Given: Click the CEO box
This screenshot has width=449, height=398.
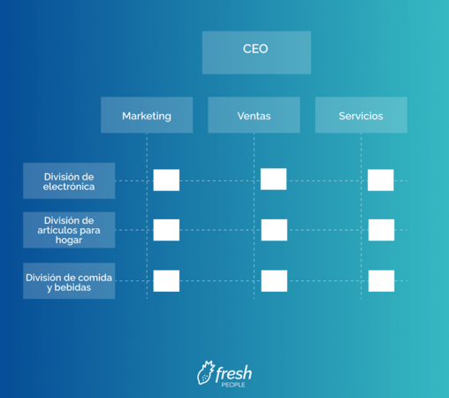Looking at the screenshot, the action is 256,52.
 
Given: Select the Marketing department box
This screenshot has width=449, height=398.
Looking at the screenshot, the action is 147,115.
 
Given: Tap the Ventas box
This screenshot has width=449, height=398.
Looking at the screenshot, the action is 254,115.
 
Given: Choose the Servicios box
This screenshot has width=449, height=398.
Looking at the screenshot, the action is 361,115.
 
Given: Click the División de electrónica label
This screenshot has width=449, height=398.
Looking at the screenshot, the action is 69,180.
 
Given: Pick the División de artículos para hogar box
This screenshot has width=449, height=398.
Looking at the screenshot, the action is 69,230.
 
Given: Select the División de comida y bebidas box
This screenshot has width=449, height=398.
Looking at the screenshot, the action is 69,281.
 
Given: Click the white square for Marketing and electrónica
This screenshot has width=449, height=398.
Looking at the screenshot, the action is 166,180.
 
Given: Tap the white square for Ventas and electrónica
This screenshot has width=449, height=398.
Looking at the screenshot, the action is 273,179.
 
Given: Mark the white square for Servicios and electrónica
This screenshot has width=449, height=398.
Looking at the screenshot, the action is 381,180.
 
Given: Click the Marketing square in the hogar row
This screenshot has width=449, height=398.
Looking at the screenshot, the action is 166,230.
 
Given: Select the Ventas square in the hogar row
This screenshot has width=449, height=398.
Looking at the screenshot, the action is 274,230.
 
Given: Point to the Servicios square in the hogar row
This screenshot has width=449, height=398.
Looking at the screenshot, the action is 381,230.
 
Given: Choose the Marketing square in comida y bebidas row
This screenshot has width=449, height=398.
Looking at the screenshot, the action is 166,281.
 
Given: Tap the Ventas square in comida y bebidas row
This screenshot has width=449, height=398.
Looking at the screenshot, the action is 274,281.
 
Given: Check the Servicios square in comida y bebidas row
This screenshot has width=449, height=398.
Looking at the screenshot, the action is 381,281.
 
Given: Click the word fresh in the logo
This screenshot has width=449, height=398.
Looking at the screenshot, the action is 233,372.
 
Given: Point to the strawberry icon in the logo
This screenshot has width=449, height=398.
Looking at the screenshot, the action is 205,372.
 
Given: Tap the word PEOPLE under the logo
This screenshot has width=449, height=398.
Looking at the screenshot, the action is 233,385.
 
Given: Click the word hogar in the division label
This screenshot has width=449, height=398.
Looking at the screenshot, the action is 69,241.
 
